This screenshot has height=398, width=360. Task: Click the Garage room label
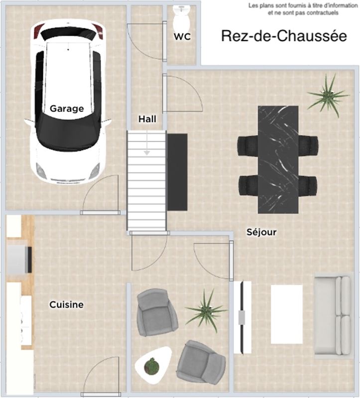point(67,108)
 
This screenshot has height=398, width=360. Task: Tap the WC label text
point(182,36)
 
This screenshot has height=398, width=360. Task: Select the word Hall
point(147,119)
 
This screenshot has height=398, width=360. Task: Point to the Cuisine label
point(66,304)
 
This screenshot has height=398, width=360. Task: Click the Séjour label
point(261,232)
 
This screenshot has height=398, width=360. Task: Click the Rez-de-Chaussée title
point(284,36)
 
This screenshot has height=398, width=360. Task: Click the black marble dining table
point(278,160)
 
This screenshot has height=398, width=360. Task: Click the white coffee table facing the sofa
point(287,314)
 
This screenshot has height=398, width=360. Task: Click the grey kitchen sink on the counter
point(17,257)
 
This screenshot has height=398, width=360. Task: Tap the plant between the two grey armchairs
point(206,310)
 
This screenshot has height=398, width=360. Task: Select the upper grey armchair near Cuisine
point(157,312)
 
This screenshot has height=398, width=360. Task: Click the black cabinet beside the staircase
point(177,172)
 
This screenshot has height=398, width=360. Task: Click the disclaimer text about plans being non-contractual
point(303,9)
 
